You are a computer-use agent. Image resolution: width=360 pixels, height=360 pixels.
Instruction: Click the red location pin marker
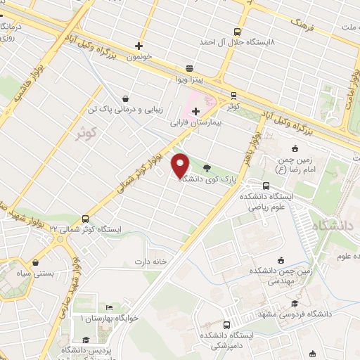tap(180, 165)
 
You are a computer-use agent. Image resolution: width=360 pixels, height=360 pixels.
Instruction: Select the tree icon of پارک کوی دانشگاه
tap(206, 168)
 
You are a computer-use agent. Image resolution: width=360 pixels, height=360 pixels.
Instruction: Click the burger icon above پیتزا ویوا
tap(189, 69)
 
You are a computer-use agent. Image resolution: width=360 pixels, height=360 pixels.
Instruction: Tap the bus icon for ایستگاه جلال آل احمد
tap(236, 32)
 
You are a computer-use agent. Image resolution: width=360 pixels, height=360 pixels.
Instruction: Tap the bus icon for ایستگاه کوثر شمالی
tap(85, 219)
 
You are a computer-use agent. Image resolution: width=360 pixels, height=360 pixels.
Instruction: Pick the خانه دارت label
tap(150, 262)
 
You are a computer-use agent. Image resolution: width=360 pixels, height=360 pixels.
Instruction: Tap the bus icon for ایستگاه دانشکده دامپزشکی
tap(226, 325)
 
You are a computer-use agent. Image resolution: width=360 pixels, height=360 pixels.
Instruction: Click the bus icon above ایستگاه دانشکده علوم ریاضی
tap(265, 186)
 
